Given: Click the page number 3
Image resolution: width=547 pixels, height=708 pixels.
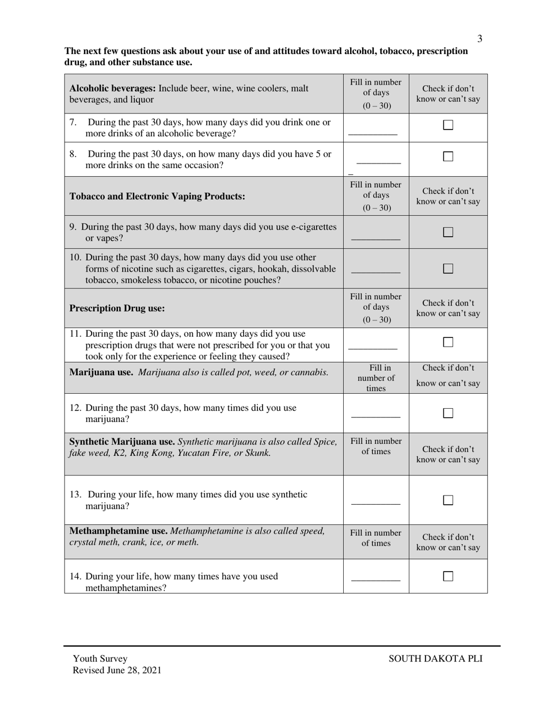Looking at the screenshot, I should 480,39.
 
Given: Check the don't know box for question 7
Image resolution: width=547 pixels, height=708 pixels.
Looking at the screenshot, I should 448,125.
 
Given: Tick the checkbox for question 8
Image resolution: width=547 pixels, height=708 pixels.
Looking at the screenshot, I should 448,156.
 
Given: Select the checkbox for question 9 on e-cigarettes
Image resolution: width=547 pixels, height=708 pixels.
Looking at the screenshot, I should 448,232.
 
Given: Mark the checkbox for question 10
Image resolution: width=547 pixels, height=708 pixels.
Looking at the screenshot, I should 448,268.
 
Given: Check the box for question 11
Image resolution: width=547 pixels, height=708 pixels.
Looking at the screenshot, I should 448,342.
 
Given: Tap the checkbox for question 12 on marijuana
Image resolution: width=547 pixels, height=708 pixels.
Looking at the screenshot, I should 448,413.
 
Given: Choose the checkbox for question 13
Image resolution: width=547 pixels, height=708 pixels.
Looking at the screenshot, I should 448,500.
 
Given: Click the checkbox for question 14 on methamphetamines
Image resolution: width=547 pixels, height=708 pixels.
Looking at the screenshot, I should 448,576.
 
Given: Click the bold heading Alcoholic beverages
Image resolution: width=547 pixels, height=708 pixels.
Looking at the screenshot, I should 112,89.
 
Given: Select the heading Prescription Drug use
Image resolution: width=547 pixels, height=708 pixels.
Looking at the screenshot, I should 117,309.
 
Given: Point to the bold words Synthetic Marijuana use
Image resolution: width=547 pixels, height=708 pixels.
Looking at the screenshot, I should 122,441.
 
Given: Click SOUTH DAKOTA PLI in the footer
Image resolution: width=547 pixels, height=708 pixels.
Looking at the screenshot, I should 435,658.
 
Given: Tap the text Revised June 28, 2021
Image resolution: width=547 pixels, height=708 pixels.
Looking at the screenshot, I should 117,670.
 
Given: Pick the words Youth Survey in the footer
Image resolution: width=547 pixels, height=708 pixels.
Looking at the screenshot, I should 100,658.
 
